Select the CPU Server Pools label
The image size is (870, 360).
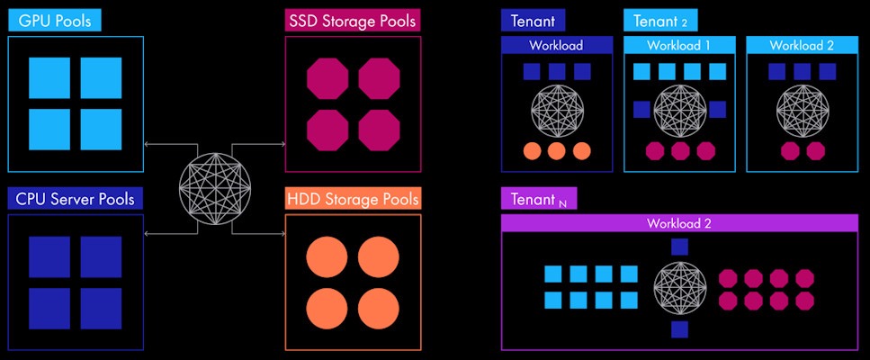coord(75,198)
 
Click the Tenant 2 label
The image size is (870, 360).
coord(660,21)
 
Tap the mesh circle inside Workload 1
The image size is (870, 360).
coord(679,111)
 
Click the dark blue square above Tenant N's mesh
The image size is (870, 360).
coord(679,246)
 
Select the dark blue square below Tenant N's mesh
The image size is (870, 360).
coord(679,329)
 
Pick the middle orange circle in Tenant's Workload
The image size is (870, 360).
coord(557,150)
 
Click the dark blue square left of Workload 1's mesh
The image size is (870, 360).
coord(641,110)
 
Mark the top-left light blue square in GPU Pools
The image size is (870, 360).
coord(49,78)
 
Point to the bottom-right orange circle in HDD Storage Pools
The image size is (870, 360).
coord(378,309)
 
